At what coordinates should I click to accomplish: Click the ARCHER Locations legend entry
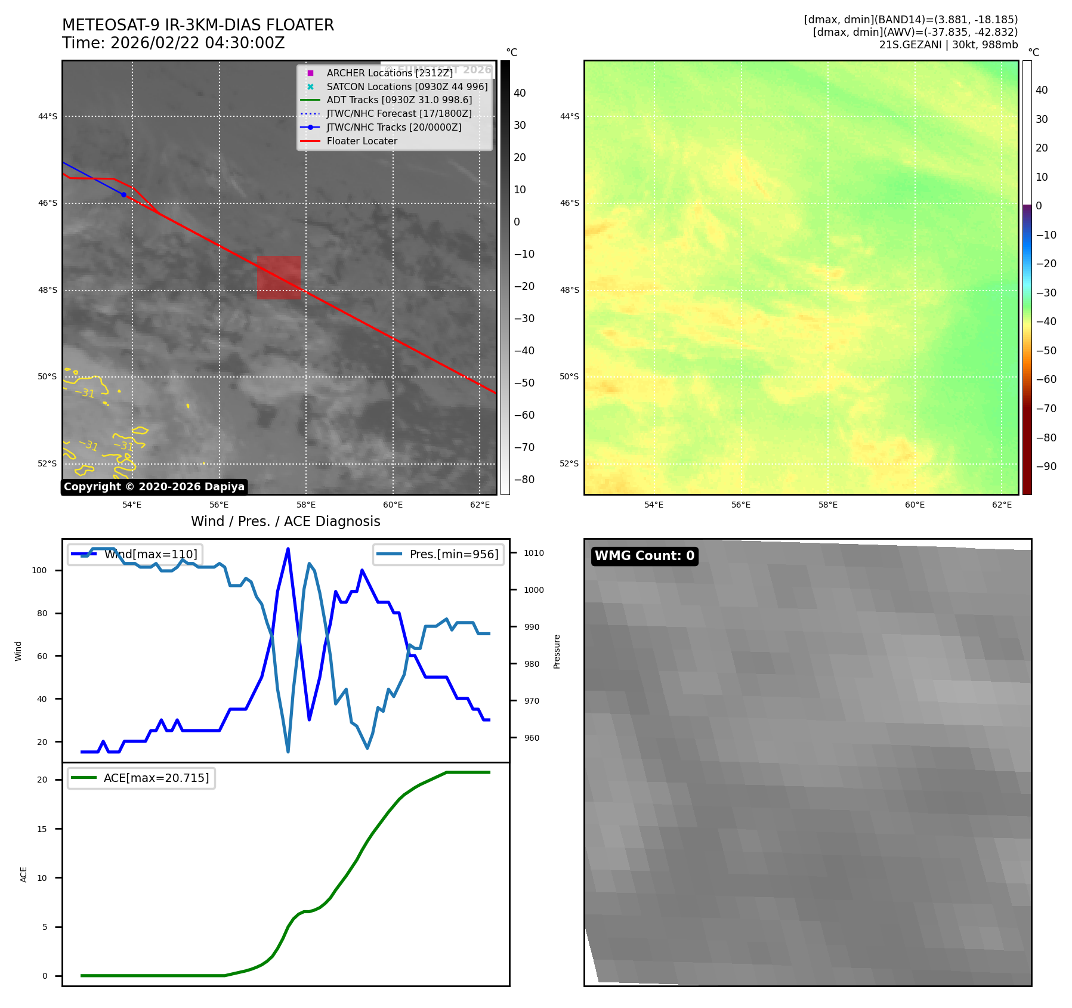tap(390, 73)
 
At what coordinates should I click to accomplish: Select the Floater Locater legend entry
tap(362, 141)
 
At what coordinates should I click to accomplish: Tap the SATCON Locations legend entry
tap(407, 86)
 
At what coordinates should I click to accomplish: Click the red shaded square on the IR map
tap(279, 277)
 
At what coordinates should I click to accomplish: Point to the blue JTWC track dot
tap(123, 194)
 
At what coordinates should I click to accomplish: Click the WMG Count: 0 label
tap(644, 556)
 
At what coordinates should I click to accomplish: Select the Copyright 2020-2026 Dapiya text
tap(154, 487)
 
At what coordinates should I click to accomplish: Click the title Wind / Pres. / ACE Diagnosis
tap(285, 521)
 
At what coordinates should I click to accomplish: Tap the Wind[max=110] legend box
tap(135, 554)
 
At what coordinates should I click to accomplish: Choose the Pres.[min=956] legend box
tap(438, 554)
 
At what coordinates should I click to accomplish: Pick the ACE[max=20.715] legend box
tap(141, 778)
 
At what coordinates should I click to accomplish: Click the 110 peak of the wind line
tap(288, 549)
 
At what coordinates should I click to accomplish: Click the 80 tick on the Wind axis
tap(42, 613)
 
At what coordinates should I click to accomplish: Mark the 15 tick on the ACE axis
tap(42, 828)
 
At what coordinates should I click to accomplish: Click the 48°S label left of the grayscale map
tap(48, 290)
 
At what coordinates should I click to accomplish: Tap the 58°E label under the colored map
tap(827, 505)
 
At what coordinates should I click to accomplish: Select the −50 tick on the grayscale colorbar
tap(524, 383)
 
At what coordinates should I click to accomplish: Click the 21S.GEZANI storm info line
tap(948, 45)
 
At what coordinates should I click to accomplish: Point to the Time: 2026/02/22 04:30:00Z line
tap(173, 43)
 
